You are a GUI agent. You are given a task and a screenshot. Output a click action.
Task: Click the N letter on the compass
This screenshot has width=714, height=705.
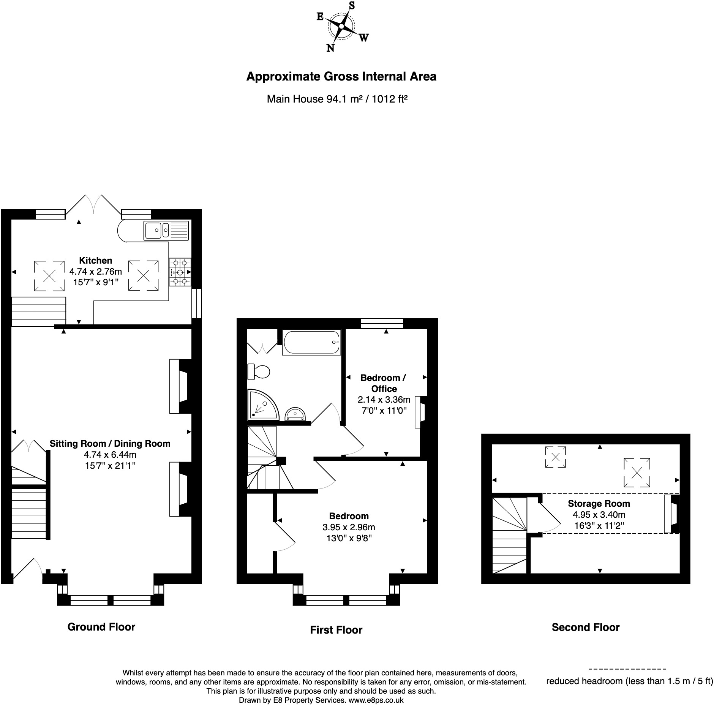tap(330, 48)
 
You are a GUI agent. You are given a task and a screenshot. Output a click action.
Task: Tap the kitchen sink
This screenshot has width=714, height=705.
tap(166, 230)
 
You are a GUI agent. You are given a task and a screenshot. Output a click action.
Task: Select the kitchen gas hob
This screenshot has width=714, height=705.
tap(180, 272)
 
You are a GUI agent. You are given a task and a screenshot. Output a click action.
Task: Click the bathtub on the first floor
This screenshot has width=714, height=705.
tap(311, 342)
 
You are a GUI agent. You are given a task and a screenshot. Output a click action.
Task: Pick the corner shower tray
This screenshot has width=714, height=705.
tap(263, 405)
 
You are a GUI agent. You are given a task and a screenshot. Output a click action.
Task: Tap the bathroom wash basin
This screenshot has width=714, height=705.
tap(295, 413)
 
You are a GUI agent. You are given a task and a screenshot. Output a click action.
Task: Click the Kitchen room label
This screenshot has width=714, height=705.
tap(96, 260)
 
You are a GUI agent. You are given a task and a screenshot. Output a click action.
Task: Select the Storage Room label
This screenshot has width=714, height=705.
tap(599, 503)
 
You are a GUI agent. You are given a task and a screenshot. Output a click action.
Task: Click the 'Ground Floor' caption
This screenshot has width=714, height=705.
tap(101, 626)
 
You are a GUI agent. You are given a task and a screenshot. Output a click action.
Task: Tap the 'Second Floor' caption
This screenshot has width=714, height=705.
tap(586, 627)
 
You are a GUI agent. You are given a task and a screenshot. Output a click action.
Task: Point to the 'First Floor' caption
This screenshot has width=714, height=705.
tap(336, 629)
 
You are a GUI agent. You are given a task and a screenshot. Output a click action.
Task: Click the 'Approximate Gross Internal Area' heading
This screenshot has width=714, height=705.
tap(341, 76)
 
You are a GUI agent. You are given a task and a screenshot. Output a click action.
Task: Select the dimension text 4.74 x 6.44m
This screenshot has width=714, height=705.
tap(110, 454)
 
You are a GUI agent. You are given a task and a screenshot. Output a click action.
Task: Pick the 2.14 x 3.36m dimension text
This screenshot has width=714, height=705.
tap(384, 399)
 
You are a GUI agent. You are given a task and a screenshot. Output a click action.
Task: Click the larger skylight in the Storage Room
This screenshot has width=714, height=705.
tap(637, 473)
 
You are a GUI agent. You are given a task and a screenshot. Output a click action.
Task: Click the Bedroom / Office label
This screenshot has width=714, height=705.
tap(383, 383)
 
